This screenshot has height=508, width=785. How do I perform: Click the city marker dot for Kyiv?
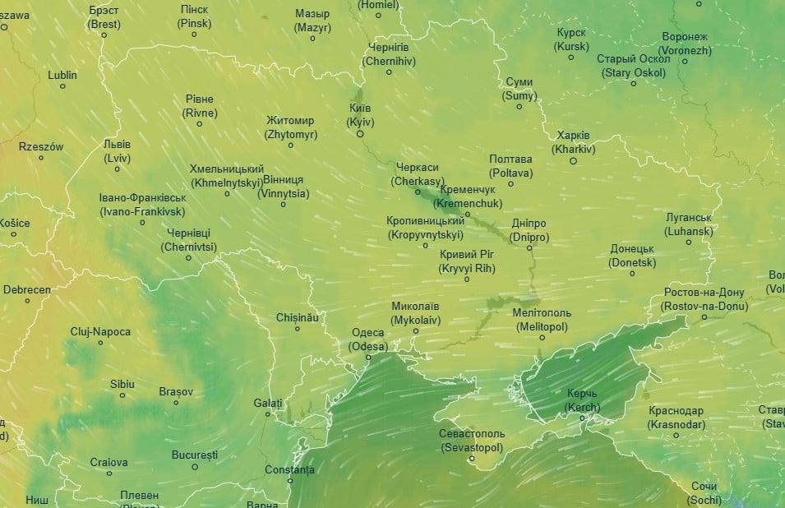point(360,134)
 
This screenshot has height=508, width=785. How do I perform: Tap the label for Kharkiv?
point(573,142)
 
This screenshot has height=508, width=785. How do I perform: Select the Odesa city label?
point(367,339)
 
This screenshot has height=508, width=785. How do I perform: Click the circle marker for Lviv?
point(118,169)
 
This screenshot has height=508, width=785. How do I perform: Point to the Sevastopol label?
point(472,441)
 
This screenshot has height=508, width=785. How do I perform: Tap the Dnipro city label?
point(529,231)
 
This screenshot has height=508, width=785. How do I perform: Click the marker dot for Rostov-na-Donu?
point(704,317)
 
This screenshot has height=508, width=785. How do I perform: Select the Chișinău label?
point(297,316)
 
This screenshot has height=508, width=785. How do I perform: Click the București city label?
point(195,455)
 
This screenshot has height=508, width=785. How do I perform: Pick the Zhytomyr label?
point(289,127)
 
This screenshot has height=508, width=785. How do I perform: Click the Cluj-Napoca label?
point(100,331)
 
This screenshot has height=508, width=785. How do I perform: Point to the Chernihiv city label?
point(389,54)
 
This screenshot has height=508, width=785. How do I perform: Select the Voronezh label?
point(684,44)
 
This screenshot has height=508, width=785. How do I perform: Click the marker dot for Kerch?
point(583,418)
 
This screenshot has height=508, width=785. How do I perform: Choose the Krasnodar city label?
point(676,418)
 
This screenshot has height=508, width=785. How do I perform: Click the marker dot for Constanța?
point(290,481)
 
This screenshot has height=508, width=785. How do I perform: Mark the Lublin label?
point(62,75)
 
